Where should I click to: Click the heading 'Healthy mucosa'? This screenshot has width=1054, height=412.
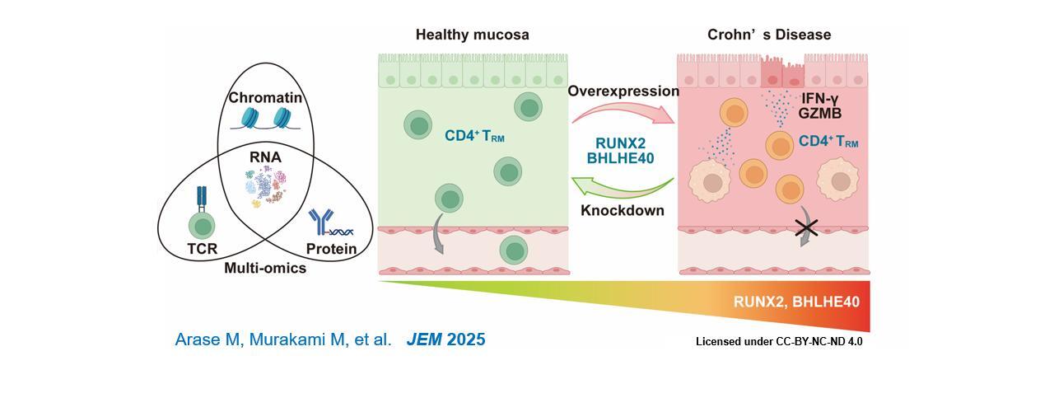point(472,35)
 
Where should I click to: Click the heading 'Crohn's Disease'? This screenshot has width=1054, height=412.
point(769,35)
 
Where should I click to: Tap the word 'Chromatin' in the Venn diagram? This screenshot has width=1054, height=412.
point(265,98)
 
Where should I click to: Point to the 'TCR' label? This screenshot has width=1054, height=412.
point(202,248)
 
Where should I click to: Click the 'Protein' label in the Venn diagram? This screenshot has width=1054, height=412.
point(331,248)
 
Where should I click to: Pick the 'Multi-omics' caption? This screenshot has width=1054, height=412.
point(265,268)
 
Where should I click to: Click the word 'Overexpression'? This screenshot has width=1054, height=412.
point(623,91)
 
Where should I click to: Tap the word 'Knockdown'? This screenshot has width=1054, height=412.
point(623,210)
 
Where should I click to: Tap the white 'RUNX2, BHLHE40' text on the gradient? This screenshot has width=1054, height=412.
point(796,302)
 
